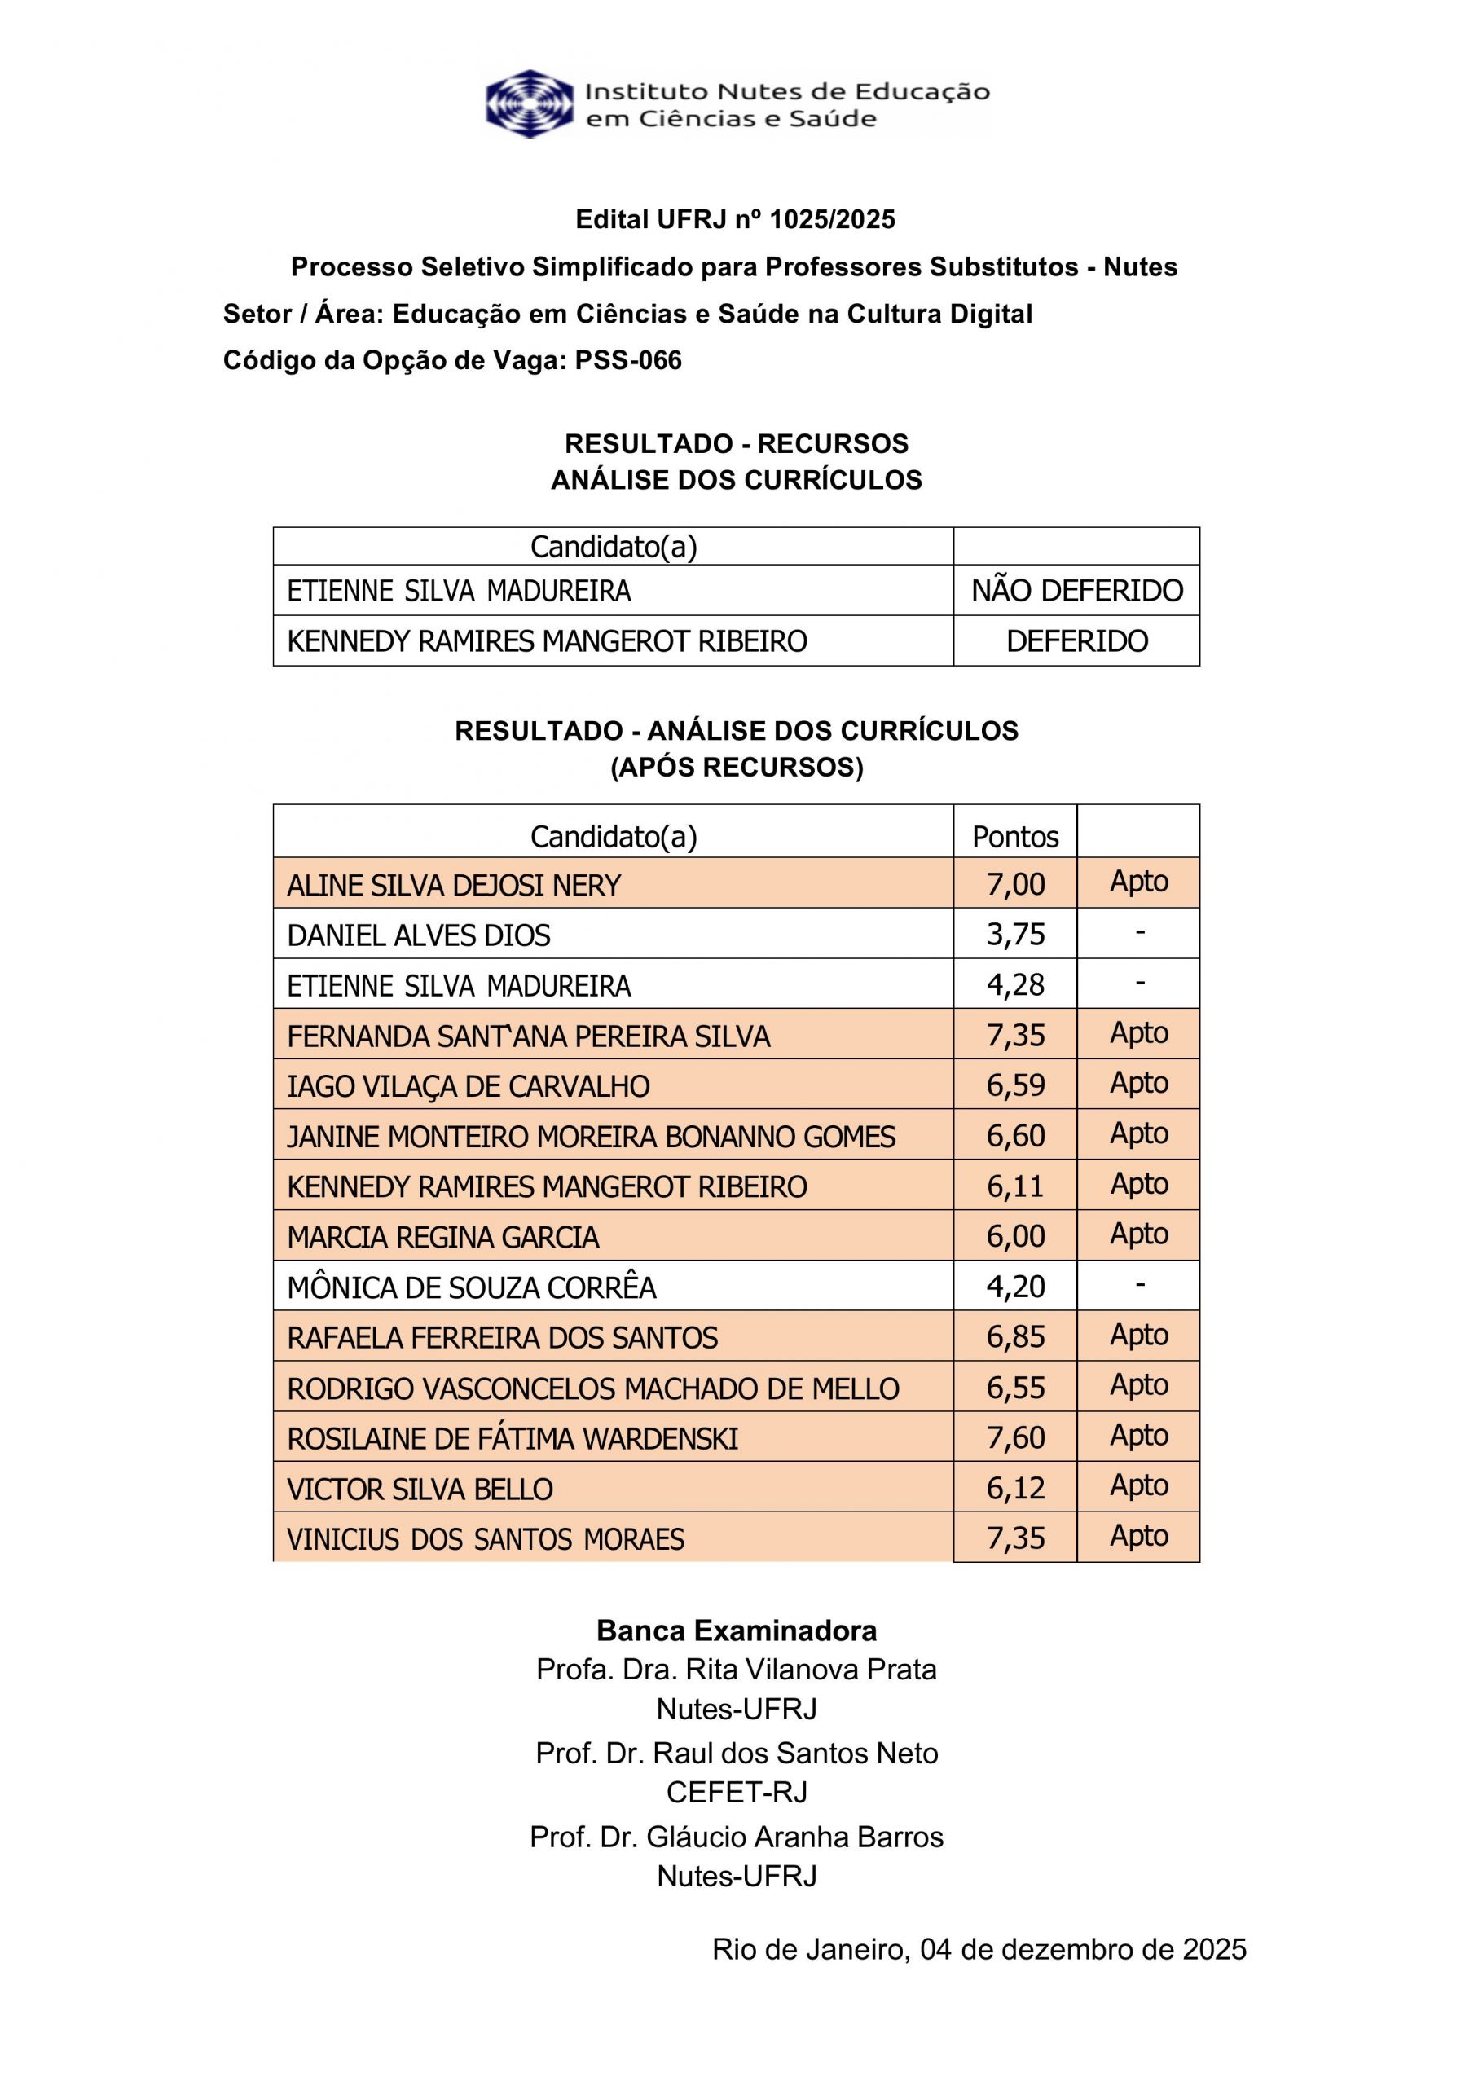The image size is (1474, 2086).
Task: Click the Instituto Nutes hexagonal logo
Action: [x=530, y=103]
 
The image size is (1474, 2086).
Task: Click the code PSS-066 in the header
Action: [x=628, y=361]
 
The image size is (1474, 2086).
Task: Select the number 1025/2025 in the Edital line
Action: [x=831, y=219]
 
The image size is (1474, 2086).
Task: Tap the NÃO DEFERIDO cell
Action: [x=1077, y=591]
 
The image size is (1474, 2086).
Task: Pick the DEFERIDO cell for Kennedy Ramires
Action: [x=1077, y=641]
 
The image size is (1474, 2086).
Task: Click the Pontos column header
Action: [x=1015, y=837]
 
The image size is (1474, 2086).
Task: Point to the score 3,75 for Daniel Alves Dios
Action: [x=1015, y=935]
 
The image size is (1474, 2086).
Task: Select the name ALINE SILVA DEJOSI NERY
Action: [x=454, y=885]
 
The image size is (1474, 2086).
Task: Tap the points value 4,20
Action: [x=1015, y=1287]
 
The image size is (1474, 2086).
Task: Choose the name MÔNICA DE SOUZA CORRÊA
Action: [x=471, y=1287]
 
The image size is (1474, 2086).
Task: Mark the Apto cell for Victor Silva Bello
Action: [x=1138, y=1485]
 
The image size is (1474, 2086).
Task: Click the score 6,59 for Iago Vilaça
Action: [x=1015, y=1085]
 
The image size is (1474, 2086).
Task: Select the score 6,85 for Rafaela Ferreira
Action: [x=1015, y=1336]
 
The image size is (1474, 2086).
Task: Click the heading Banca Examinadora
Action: [x=736, y=1631]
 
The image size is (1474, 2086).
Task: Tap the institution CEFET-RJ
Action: [x=736, y=1793]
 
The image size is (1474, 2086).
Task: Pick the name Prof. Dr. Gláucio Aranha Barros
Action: [x=736, y=1837]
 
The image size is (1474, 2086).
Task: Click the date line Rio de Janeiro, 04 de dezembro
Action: [x=979, y=1950]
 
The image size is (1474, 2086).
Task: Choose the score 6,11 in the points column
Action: [x=1015, y=1186]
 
